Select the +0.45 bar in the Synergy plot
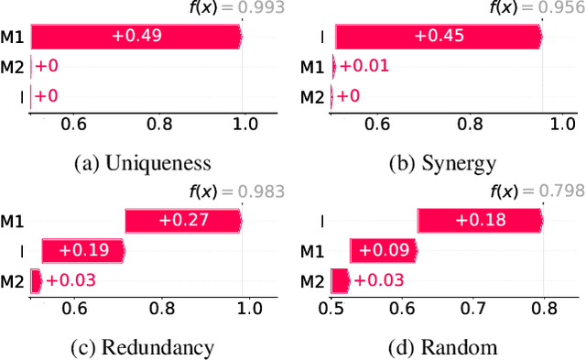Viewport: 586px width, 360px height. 438,37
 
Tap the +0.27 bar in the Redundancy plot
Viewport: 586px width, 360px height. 183,221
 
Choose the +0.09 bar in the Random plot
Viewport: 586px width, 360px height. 383,250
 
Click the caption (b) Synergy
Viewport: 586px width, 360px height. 443,164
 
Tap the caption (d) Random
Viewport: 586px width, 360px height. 443,347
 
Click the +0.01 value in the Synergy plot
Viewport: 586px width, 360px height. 352,66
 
